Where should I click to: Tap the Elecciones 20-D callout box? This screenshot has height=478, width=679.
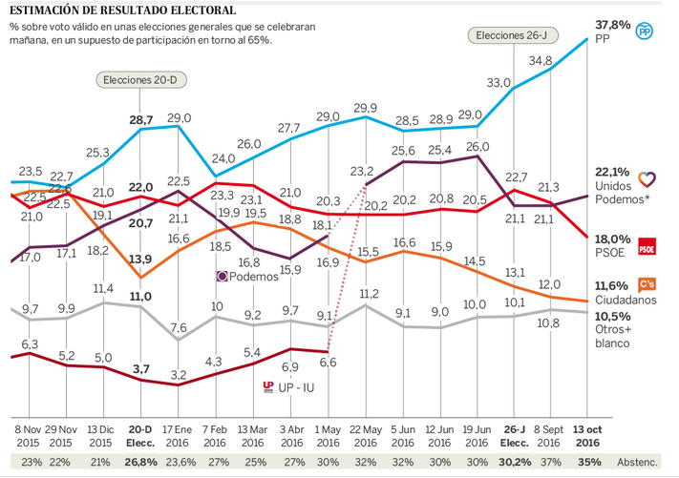[140, 80]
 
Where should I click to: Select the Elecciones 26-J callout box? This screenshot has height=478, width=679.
[506, 35]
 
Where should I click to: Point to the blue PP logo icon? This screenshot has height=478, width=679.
[646, 31]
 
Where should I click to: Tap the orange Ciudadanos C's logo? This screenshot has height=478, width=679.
[647, 284]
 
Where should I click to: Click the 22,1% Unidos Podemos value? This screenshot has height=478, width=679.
[612, 172]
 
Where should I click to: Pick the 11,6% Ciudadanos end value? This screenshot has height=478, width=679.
[612, 285]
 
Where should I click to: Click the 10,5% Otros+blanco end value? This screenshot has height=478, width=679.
[612, 316]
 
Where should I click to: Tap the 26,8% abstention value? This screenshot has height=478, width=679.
[140, 463]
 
